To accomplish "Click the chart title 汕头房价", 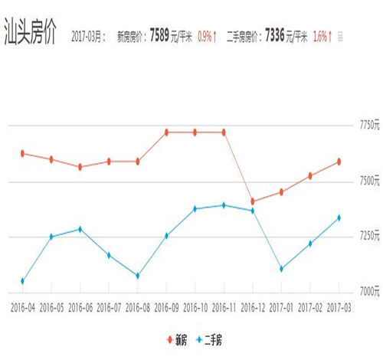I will pos(30,36).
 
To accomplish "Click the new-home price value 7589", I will pos(159,35).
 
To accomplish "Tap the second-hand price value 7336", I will pos(277,35).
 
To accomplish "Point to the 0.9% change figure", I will pos(206,36).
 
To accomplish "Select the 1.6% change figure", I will pos(321,36).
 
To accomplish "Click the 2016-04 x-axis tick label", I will pos(22,307).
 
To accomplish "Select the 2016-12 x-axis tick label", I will pos(252,307).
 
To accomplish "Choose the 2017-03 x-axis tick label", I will pos(339,307).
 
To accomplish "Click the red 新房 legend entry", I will pos(176,337).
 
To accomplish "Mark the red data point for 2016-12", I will pos(252,201).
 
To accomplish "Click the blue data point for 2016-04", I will pos(22,281).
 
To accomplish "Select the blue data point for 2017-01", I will pos(281,269).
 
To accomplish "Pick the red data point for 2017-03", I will pos(339,162).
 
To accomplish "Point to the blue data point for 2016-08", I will pos(137,276).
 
